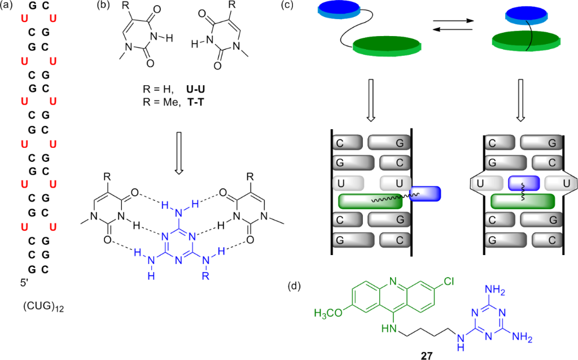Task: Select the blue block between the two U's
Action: (524, 184)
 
